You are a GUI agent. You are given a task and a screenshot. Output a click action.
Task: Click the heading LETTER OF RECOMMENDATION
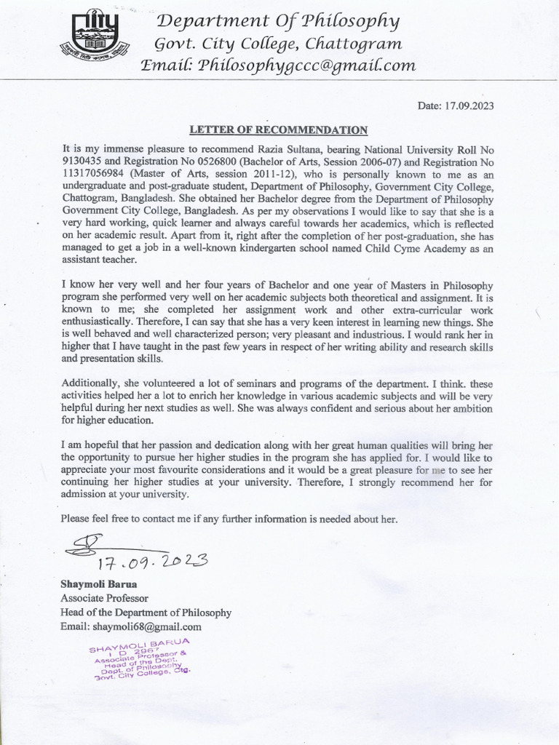click(x=279, y=130)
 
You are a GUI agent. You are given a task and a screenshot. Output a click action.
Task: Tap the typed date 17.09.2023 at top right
click(x=456, y=105)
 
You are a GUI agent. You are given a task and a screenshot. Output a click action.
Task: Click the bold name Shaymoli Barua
click(x=99, y=584)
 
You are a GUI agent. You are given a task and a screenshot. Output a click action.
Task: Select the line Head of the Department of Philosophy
click(x=146, y=613)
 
